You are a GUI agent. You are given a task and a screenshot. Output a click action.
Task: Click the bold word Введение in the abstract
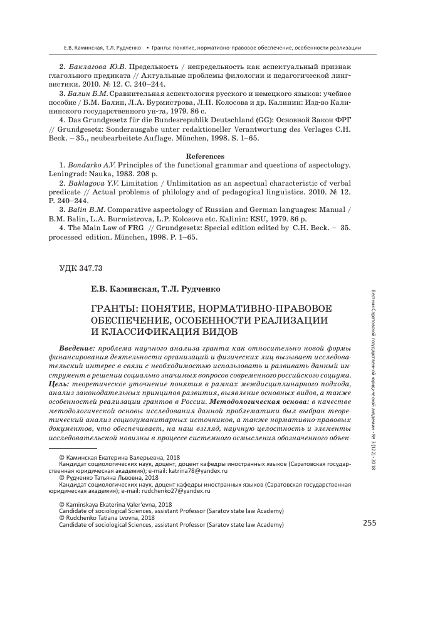(76, 348)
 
